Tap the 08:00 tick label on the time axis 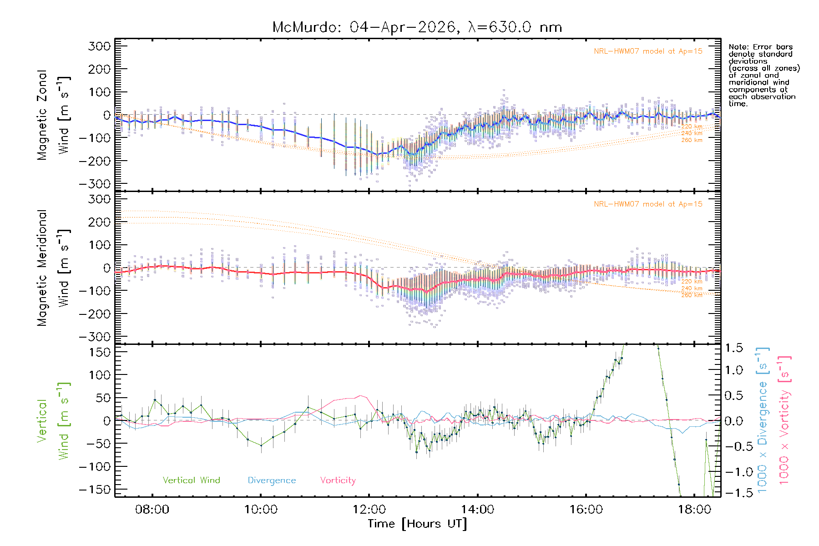tap(152, 510)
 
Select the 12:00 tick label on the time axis tap(369, 510)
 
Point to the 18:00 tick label tap(694, 510)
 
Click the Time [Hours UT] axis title tap(417, 524)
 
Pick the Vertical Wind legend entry tap(191, 480)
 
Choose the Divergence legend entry tap(272, 480)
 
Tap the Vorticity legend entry tap(338, 480)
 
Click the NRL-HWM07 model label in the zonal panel tap(648, 51)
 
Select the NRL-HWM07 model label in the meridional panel tap(648, 204)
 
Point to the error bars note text tap(763, 75)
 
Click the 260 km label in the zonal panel tap(692, 140)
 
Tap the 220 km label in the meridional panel tap(692, 282)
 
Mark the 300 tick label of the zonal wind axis tap(100, 46)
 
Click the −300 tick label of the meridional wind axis tap(95, 337)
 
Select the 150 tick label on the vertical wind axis tap(100, 352)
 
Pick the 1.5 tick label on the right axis tap(734, 348)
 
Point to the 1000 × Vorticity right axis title tap(784, 421)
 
